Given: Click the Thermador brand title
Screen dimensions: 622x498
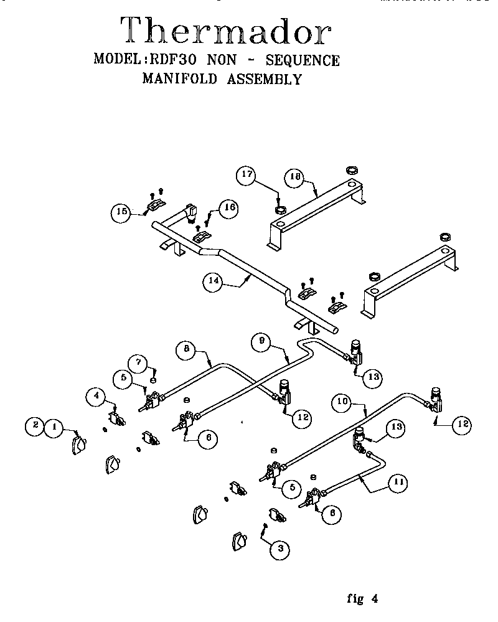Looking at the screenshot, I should pos(225,31).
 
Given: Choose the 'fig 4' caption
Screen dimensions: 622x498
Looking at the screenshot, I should pos(362,599).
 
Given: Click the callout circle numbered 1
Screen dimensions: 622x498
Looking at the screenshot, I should pos(55,426).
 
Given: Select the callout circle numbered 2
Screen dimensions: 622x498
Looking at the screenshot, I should pos(35,426).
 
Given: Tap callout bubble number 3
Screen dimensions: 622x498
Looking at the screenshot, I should pos(280,548).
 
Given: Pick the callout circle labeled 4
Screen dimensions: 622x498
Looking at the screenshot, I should pos(96,394).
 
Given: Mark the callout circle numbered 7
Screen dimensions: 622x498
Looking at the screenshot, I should pos(138,362).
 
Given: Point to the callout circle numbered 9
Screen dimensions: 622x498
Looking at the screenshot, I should pos(262,341).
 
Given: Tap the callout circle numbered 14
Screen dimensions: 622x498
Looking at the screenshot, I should pos(212,281).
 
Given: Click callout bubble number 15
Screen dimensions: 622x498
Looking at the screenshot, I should pos(121,212).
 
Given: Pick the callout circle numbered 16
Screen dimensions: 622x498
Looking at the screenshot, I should pos(229,207).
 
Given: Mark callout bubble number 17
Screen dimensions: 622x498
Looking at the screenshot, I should pos(247,174).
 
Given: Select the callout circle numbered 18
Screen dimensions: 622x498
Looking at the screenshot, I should pos(296,177).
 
